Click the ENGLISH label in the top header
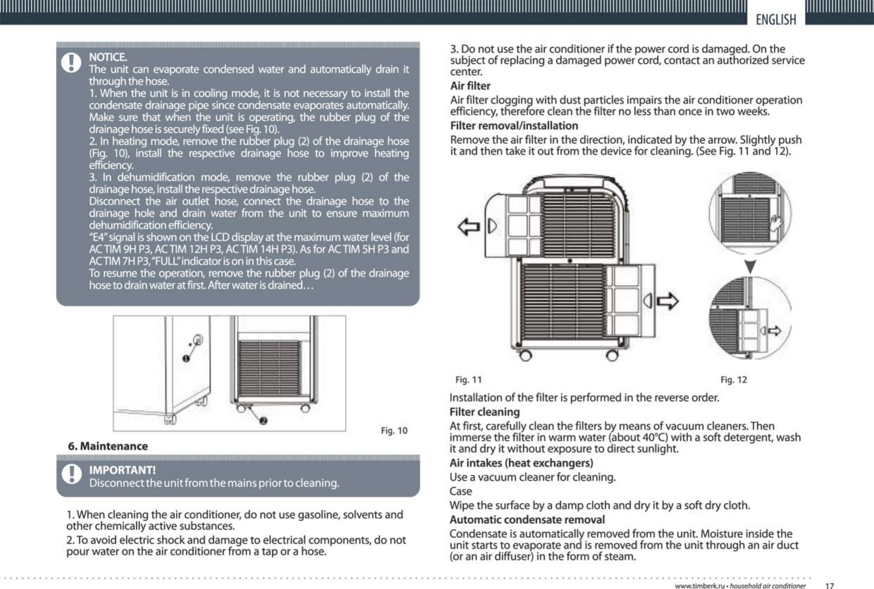tap(776, 19)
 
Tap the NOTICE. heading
tap(108, 57)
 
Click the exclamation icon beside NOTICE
tap(71, 63)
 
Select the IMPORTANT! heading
tap(122, 470)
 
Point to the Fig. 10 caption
tap(394, 430)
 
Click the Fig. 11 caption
tap(468, 380)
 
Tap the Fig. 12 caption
tap(733, 380)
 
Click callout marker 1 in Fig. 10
tap(186, 358)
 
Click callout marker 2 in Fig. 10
tap(263, 421)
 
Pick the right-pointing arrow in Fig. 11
tap(668, 301)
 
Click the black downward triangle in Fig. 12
tap(750, 266)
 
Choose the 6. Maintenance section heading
tap(108, 446)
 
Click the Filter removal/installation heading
tap(514, 125)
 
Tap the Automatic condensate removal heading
tap(527, 520)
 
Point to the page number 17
tap(829, 585)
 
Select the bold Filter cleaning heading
tap(485, 412)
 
